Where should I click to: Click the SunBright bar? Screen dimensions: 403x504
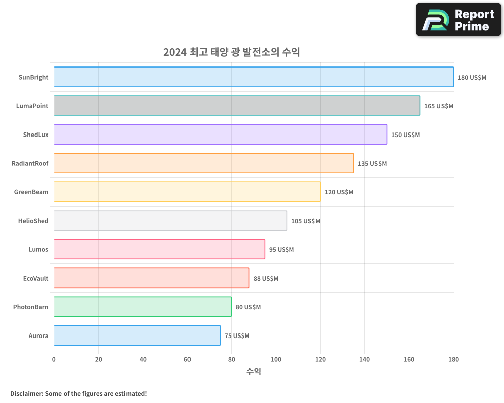point(254,77)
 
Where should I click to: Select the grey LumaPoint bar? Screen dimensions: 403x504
point(237,106)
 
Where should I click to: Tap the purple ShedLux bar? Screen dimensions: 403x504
point(220,135)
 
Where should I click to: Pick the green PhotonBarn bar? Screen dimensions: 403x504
point(143,307)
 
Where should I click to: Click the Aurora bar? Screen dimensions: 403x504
point(137,335)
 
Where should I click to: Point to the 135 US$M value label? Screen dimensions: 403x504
point(372,164)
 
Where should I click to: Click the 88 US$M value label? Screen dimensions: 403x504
point(266,279)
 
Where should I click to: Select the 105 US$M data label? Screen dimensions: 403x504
point(305,221)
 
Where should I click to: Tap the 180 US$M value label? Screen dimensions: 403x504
point(472,78)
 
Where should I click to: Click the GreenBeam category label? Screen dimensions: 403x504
point(31,192)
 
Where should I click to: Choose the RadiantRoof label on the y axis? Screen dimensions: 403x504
point(30,163)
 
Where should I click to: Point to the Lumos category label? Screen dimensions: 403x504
point(38,249)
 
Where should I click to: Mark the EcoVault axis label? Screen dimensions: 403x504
point(36,278)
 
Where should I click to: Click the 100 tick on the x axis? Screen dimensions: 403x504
point(276,359)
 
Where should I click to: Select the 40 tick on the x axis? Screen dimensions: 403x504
point(143,359)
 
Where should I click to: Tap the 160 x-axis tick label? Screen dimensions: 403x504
point(409,359)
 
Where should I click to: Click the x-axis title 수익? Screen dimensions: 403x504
point(254,372)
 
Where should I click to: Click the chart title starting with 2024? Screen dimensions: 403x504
point(231,52)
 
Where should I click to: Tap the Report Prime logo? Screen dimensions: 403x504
point(458,20)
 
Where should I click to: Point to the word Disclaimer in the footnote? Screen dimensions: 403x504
point(26,393)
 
